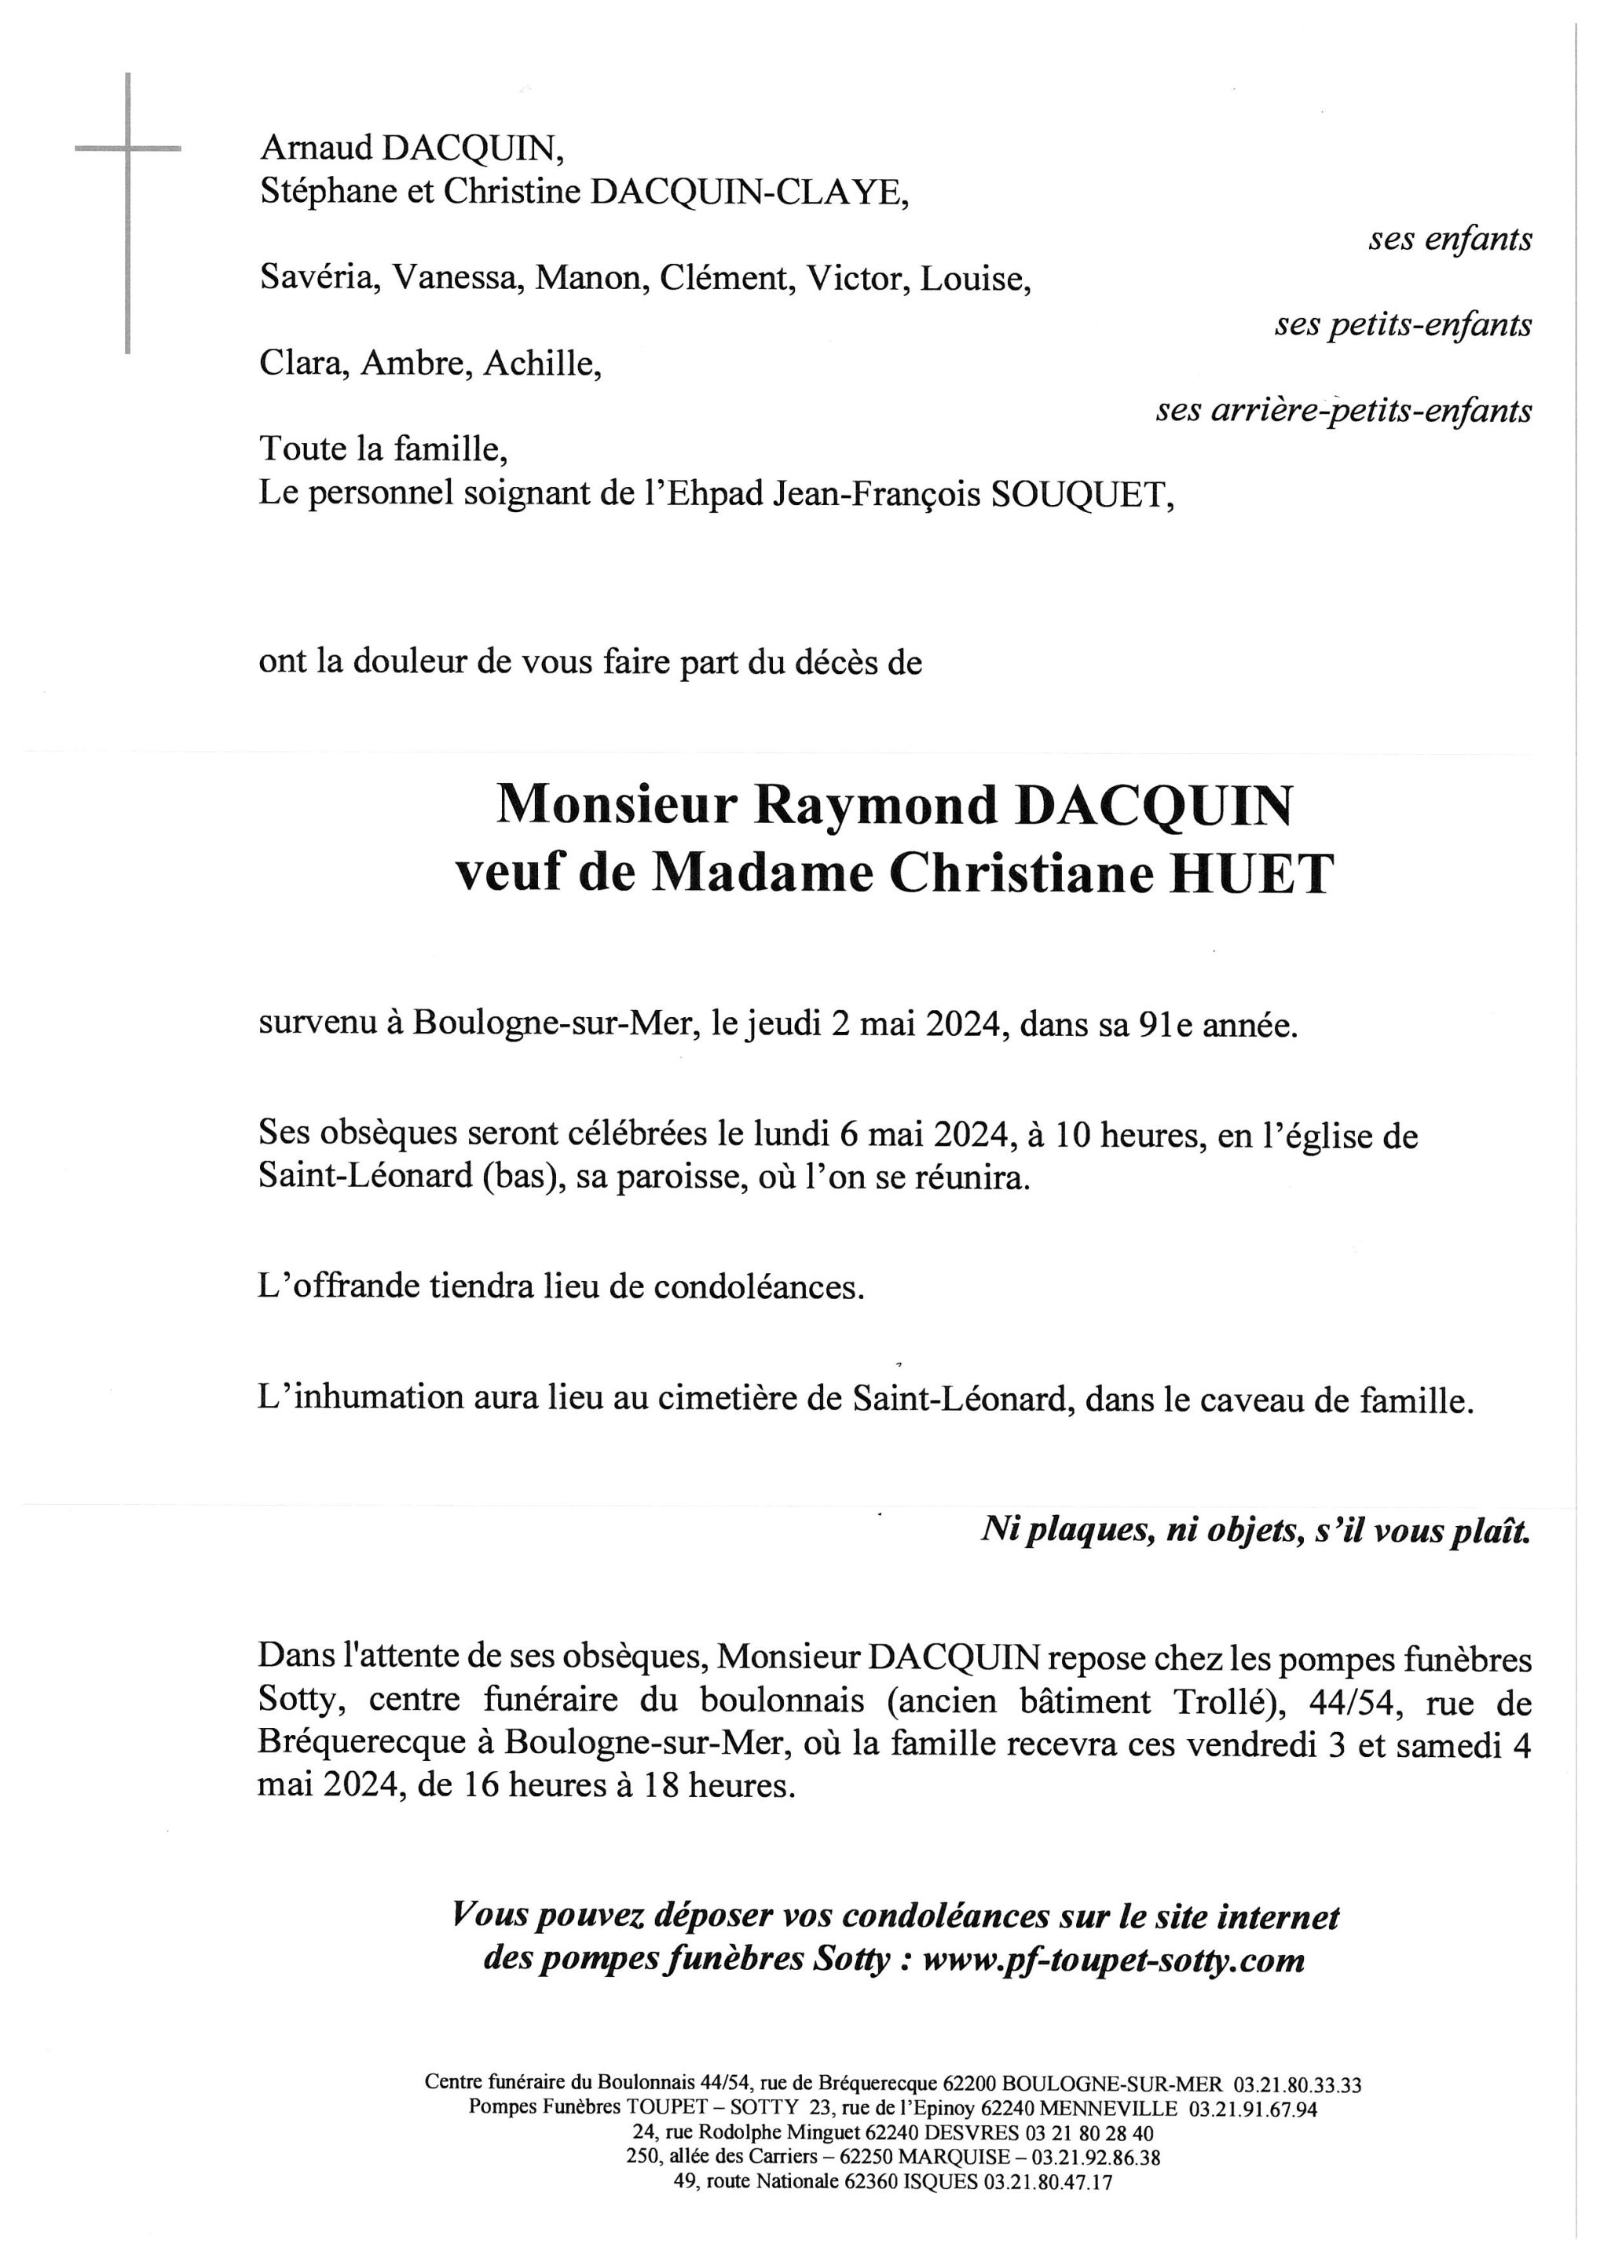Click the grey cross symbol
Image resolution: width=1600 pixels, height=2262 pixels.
click(x=128, y=150)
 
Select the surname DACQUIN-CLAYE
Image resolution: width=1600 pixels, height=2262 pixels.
click(x=748, y=192)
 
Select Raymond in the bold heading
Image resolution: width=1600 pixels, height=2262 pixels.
click(x=876, y=806)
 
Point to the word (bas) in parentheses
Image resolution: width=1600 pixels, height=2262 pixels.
click(x=522, y=1177)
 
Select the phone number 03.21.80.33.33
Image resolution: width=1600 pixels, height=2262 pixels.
click(x=1294, y=2084)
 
